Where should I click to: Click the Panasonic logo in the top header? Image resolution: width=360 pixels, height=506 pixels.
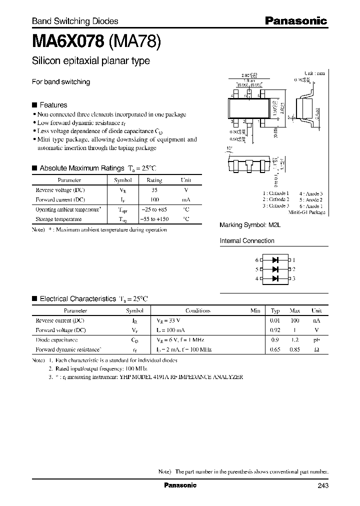pyautogui.click(x=295, y=21)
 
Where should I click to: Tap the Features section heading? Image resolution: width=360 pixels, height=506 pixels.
pyautogui.click(x=53, y=105)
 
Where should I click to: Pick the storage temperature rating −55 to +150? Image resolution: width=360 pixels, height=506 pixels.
pyautogui.click(x=154, y=219)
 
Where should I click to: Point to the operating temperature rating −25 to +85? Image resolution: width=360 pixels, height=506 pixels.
pyautogui.click(x=154, y=210)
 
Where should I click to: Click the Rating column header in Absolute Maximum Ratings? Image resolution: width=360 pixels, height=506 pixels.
pyautogui.click(x=154, y=180)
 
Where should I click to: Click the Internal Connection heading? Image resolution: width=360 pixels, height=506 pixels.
pyautogui.click(x=247, y=241)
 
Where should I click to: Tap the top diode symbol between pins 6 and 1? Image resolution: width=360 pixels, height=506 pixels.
pyautogui.click(x=274, y=260)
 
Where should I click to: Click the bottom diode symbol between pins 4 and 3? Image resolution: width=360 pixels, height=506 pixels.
pyautogui.click(x=274, y=278)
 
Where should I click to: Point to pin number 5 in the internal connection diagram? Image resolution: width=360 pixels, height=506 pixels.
pyautogui.click(x=257, y=269)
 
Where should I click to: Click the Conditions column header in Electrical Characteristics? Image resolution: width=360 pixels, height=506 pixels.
pyautogui.click(x=197, y=310)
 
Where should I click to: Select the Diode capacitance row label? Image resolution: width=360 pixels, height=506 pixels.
pyautogui.click(x=56, y=339)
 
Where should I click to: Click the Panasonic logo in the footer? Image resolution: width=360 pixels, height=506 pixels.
pyautogui.click(x=180, y=485)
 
